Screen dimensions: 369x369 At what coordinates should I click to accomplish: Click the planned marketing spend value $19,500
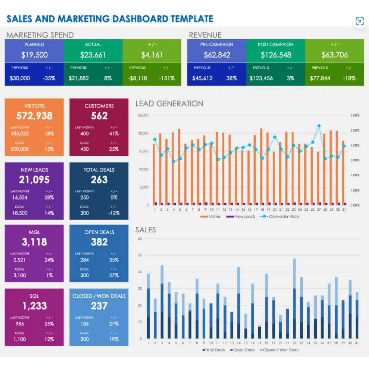pos(34,55)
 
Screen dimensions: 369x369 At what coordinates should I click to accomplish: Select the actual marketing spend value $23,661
pos(93,55)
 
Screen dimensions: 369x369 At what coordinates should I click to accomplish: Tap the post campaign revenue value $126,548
pos(275,55)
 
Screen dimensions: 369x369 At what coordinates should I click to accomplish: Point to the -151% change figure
pos(166,78)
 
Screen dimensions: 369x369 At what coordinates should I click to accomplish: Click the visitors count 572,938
pos(34,116)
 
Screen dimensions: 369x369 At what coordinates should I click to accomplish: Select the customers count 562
pos(99,116)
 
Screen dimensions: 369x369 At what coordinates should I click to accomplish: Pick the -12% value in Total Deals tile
pos(114,213)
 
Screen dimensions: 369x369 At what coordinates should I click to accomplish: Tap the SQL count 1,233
pos(34,306)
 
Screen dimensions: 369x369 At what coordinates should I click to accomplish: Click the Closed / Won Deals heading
pos(99,296)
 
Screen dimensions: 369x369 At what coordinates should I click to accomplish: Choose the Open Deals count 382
pos(99,242)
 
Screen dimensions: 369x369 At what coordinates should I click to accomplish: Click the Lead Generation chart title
pos(169,104)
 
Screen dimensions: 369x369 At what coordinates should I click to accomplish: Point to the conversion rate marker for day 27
pos(319,126)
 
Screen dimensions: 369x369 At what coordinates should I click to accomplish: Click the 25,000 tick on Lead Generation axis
pos(143,115)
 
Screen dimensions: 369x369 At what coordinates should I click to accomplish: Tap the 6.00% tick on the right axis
pos(355,115)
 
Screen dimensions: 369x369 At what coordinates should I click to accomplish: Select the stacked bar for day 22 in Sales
pos(294,297)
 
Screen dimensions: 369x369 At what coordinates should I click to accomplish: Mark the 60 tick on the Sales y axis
pos(139,238)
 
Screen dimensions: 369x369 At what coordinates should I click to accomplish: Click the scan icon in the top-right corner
pos(359,21)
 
